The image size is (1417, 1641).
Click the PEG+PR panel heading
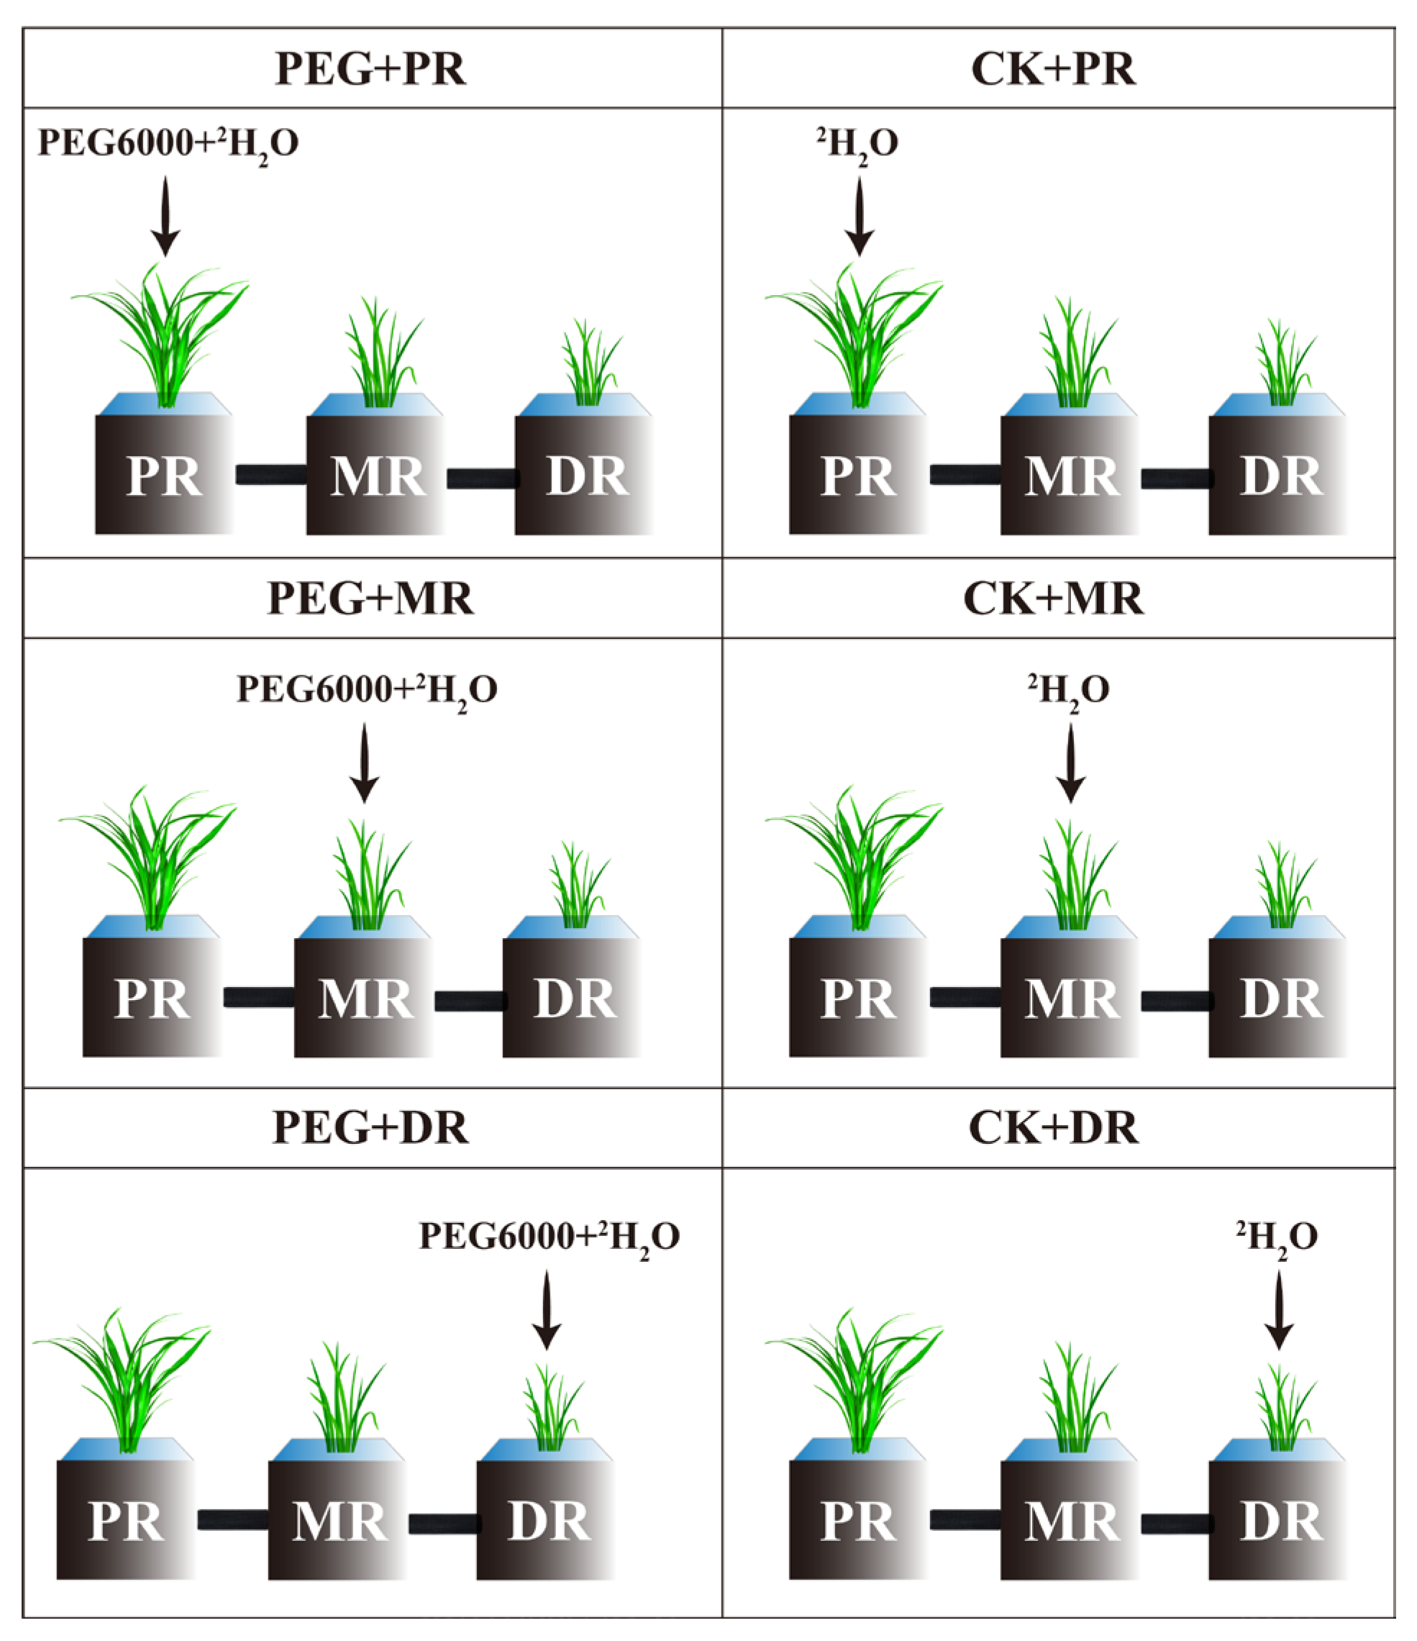point(370,69)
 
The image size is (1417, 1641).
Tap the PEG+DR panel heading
point(370,1127)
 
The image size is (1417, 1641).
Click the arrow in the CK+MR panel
point(1070,763)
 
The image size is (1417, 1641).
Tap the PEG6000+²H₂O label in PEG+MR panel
point(367,690)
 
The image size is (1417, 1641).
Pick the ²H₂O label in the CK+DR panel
point(1276,1237)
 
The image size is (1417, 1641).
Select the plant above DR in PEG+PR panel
point(590,364)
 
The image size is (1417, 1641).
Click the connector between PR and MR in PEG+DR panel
point(232,1520)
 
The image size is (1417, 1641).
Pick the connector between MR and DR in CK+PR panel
point(1176,478)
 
